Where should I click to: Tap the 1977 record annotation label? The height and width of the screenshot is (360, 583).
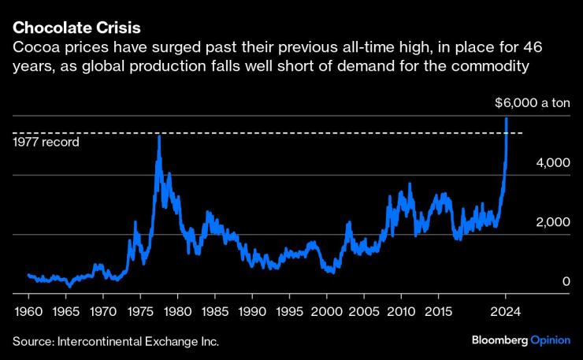click(x=46, y=143)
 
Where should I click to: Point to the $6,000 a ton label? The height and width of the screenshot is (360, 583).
click(x=532, y=102)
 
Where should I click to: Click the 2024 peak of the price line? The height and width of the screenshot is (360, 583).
click(x=506, y=118)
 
